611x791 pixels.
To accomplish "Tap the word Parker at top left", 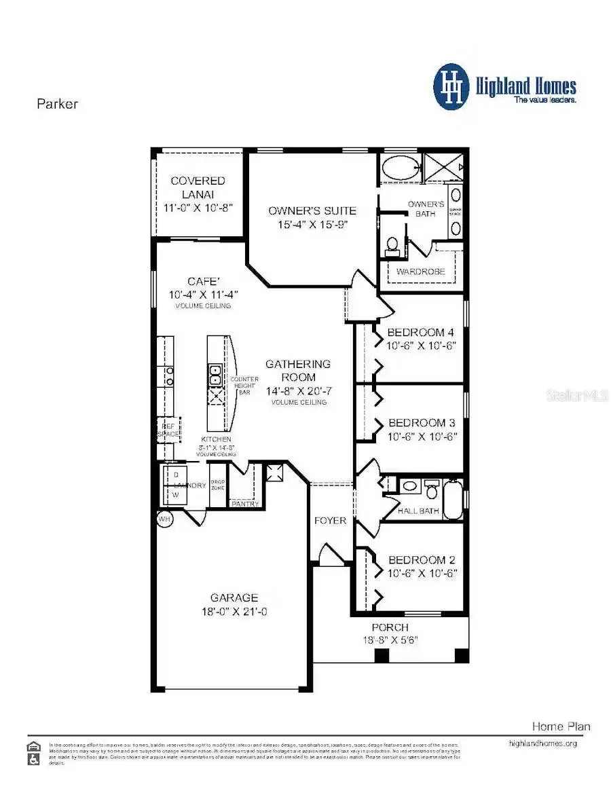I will [x=57, y=104].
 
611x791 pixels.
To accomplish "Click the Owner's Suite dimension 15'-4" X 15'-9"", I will [x=312, y=225].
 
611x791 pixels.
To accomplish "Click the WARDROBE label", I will [x=421, y=272].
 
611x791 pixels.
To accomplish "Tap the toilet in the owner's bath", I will [x=392, y=246].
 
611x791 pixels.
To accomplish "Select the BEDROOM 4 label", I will [x=420, y=333].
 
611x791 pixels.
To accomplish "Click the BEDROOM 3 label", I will [x=420, y=422].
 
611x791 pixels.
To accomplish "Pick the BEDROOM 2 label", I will [x=422, y=560].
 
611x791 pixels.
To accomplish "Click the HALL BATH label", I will [x=418, y=511].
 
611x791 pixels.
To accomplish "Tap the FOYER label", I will [x=331, y=521].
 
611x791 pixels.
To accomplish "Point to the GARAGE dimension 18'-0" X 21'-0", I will [x=234, y=612].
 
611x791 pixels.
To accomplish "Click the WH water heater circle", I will [x=164, y=519].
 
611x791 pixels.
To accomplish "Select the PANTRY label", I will [x=244, y=504].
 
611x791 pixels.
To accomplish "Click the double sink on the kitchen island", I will [x=215, y=371].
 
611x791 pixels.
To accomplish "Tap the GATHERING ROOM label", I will [x=298, y=371].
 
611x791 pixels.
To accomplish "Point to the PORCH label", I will [x=390, y=627].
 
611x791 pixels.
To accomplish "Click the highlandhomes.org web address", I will [x=542, y=743].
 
